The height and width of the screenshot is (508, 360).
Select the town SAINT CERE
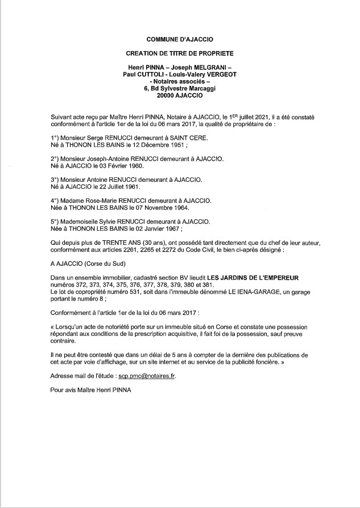click(x=206, y=138)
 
